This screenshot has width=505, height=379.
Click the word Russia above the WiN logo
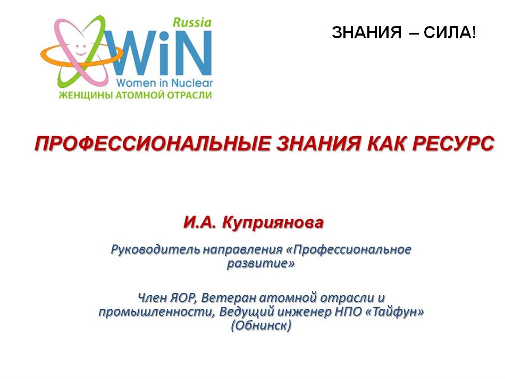pyautogui.click(x=192, y=22)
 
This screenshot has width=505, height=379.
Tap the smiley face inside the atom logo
pyautogui.click(x=80, y=48)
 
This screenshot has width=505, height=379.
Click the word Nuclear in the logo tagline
pyautogui.click(x=191, y=83)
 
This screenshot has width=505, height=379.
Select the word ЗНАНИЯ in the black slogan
pyautogui.click(x=366, y=32)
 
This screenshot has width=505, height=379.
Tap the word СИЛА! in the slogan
pyautogui.click(x=450, y=32)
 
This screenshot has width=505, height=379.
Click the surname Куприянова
pyautogui.click(x=273, y=223)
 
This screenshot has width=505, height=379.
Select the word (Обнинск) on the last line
pyautogui.click(x=261, y=326)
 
